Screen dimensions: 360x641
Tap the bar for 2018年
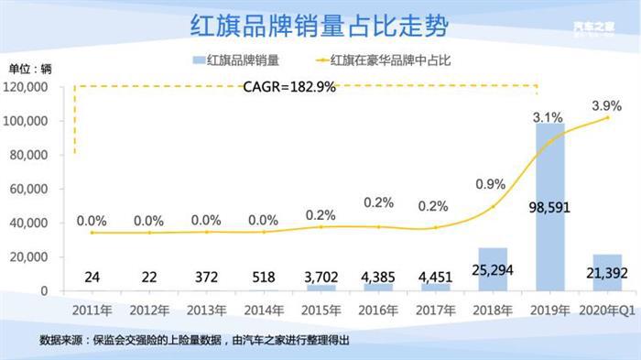[x=492, y=269]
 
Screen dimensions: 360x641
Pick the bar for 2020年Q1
[x=606, y=273]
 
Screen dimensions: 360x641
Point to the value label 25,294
[x=492, y=272]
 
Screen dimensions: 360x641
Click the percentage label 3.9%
[x=606, y=104]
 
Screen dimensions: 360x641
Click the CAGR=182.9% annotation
[x=289, y=88]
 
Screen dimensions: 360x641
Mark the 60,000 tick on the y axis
[x=31, y=190]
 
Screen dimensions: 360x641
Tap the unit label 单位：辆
[x=31, y=68]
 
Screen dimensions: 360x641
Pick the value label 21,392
[x=606, y=272]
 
